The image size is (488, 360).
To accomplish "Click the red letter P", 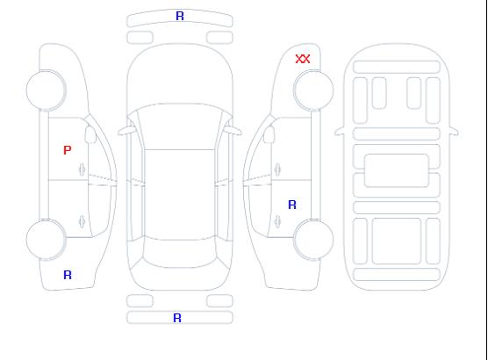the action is click(68, 150).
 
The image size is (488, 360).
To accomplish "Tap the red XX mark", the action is click(303, 59).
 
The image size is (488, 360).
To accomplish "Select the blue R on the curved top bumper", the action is click(180, 16).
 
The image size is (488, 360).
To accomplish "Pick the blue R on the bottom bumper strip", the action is click(177, 318).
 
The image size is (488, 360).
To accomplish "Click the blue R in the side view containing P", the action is click(68, 275).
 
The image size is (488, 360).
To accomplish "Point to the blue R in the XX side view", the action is click(292, 205).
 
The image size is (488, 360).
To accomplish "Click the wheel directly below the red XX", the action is click(313, 90).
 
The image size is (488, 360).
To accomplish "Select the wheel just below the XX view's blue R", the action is click(313, 239).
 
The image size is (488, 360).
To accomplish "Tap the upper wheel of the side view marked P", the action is click(46, 90).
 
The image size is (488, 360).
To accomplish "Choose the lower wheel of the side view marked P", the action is click(46, 240).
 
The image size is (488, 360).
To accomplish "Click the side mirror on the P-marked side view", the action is click(90, 134).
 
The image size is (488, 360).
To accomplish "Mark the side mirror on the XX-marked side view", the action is click(269, 134).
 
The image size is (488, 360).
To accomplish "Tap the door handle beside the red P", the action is click(83, 169).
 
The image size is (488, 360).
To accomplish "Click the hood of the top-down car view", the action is click(180, 75).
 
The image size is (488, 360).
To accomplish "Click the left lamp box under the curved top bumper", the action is click(140, 38).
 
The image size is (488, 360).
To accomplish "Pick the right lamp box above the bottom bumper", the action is click(219, 301).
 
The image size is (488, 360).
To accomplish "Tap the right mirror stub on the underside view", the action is click(454, 131).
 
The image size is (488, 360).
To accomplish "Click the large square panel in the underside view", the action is click(397, 241).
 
